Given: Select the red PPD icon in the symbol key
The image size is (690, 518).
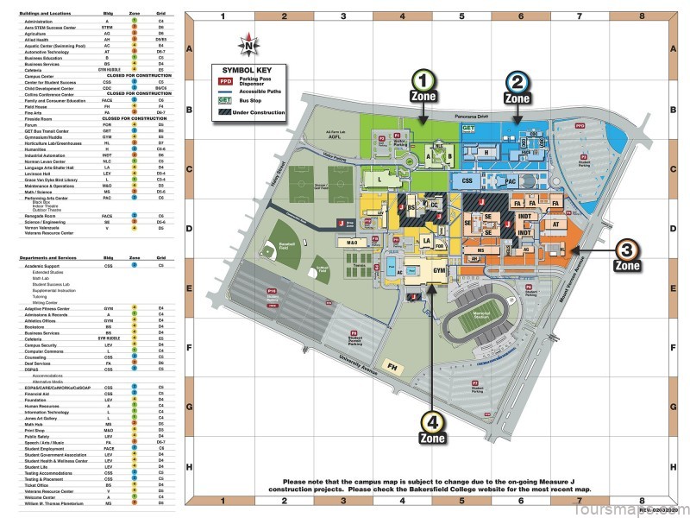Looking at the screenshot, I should click(225, 83).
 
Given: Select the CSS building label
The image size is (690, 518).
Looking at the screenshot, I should click(467, 181).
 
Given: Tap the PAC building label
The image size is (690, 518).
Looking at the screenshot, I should click(510, 181).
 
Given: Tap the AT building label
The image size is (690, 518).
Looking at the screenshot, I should click(555, 222).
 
